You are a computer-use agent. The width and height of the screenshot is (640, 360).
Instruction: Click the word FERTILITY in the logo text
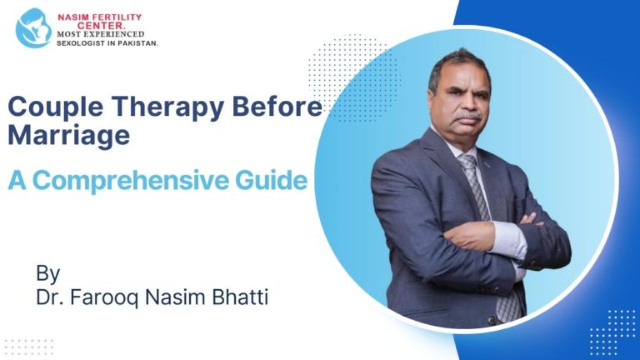point(114,17)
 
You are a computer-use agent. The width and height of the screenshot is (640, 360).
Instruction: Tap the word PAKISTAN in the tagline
point(137,42)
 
